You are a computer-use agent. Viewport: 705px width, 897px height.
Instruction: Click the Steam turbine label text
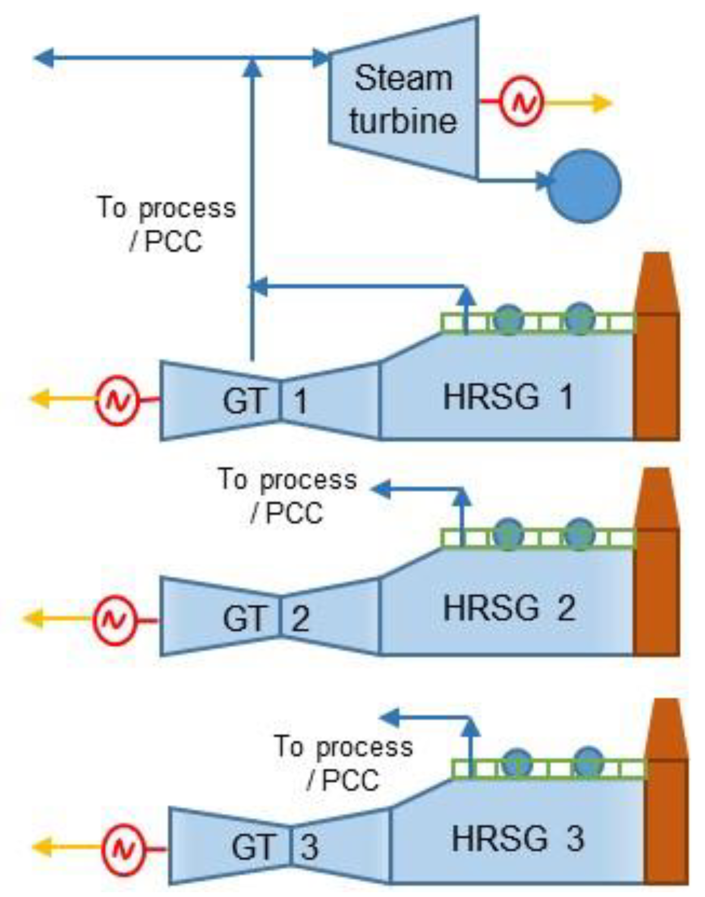pyautogui.click(x=403, y=100)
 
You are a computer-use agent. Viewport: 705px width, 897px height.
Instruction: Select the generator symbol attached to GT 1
pyautogui.click(x=117, y=400)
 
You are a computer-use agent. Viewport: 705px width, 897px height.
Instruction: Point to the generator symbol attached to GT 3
pyautogui.click(x=123, y=849)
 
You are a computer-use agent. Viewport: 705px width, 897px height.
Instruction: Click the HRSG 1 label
pyautogui.click(x=508, y=397)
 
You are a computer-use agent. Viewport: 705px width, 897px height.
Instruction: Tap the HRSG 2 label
pyautogui.click(x=509, y=608)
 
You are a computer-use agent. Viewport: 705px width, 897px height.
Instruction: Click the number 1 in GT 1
pyautogui.click(x=301, y=401)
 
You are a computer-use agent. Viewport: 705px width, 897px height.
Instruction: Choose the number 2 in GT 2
pyautogui.click(x=301, y=619)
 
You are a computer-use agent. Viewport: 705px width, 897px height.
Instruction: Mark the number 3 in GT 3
pyautogui.click(x=310, y=847)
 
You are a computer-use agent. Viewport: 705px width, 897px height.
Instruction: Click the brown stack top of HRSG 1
pyautogui.click(x=657, y=282)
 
